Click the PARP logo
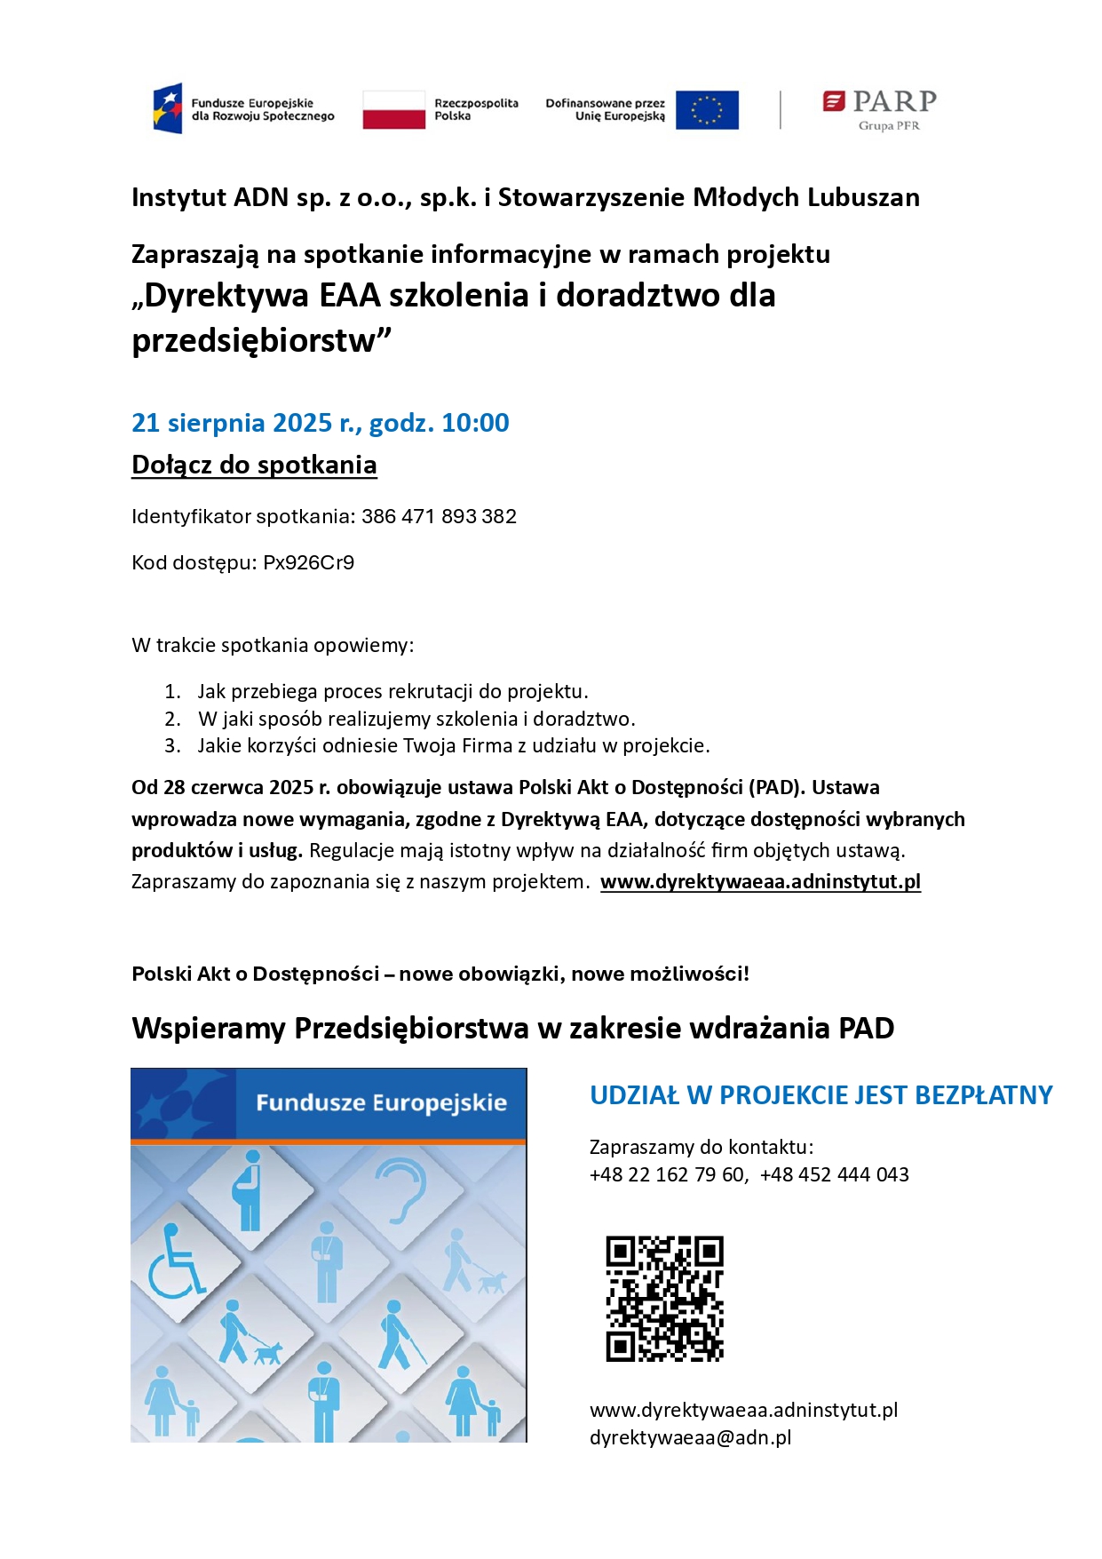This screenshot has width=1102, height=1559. click(x=879, y=108)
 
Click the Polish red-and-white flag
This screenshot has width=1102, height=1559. click(x=393, y=110)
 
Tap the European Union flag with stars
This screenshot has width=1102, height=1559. click(x=706, y=110)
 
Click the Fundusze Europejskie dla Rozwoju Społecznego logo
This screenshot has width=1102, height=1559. click(x=244, y=109)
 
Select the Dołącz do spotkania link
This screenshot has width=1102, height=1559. click(x=254, y=465)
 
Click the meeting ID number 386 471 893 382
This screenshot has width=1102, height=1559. click(x=439, y=516)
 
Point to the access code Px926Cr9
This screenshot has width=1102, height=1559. click(x=308, y=562)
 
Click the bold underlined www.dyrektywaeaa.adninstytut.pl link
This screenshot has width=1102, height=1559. click(x=760, y=881)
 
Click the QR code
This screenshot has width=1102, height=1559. click(x=664, y=1298)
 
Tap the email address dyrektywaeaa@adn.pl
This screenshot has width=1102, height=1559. click(x=690, y=1437)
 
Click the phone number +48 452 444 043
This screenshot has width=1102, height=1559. click(x=834, y=1174)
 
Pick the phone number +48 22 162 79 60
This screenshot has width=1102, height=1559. click(x=667, y=1174)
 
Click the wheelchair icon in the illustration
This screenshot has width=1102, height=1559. click(x=176, y=1261)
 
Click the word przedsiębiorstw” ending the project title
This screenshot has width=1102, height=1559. click(x=261, y=340)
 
